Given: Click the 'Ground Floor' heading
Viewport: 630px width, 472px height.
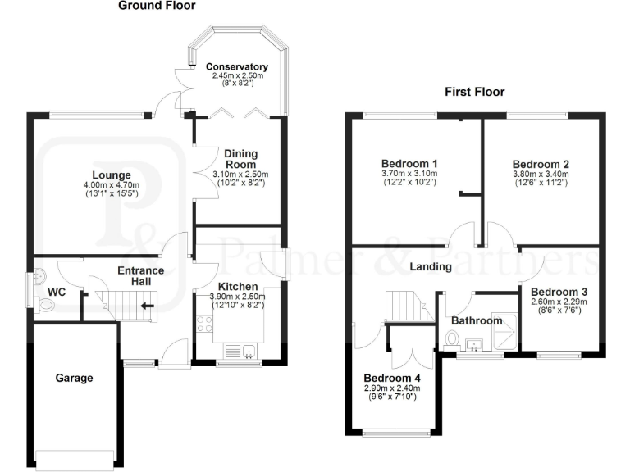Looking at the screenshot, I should (x=157, y=6).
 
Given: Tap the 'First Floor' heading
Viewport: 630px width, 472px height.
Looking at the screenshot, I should (x=474, y=92).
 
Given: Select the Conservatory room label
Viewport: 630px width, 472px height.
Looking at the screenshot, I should (x=237, y=66).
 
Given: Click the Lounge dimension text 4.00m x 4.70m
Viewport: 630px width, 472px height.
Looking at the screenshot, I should (x=112, y=186).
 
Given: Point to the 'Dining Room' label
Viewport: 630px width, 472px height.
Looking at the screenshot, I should (x=240, y=158).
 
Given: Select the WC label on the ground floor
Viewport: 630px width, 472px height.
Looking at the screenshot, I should (x=57, y=292).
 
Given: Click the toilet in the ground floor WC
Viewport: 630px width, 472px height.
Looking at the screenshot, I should (x=46, y=305).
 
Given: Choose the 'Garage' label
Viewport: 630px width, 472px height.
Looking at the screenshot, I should (x=74, y=378).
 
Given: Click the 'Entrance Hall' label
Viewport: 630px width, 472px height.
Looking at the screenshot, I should (x=140, y=276).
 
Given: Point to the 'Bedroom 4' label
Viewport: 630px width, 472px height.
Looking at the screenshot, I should (x=392, y=378).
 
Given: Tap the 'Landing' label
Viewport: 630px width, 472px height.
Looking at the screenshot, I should (x=431, y=266).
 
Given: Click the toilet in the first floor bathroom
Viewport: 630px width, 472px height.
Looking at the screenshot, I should (x=450, y=338).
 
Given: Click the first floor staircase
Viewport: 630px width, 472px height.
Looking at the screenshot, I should (x=404, y=306).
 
